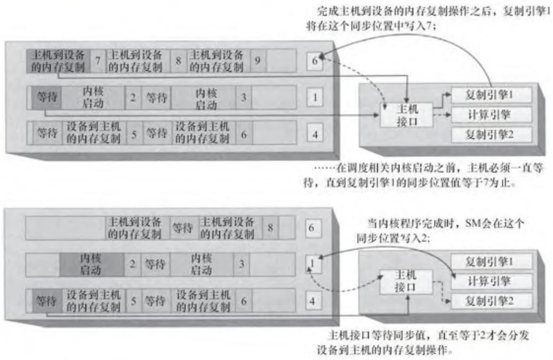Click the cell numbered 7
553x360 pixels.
click(x=98, y=61)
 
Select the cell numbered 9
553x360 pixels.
click(x=257, y=61)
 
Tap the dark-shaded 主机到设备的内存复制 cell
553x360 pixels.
click(x=58, y=61)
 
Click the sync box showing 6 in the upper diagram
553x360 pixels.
click(x=315, y=61)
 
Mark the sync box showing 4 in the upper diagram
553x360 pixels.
click(x=315, y=134)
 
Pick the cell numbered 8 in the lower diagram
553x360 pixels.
click(x=270, y=228)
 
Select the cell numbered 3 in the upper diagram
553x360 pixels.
click(x=243, y=98)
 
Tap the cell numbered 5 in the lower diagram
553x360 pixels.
click(x=134, y=300)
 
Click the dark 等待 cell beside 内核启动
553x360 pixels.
click(x=46, y=98)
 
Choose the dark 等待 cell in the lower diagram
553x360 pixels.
click(x=46, y=300)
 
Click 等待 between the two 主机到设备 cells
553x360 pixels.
click(x=182, y=228)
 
